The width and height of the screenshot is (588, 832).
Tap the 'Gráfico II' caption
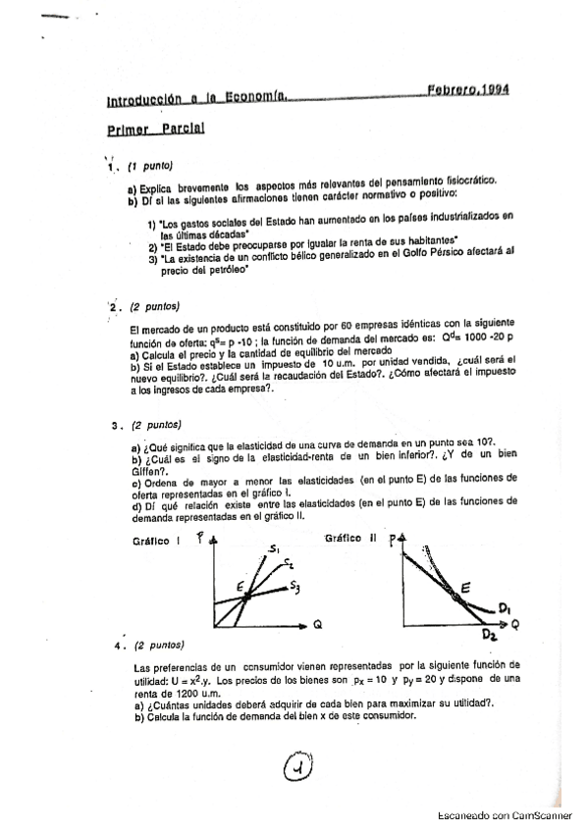click(x=352, y=539)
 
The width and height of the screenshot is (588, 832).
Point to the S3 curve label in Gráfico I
click(x=294, y=586)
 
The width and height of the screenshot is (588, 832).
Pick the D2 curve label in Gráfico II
click(x=492, y=636)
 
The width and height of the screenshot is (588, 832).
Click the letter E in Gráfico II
click(x=464, y=586)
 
